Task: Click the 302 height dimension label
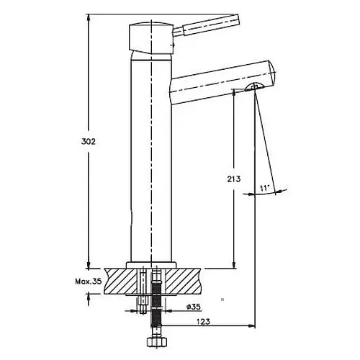89,142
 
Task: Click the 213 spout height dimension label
234,179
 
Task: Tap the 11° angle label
265,188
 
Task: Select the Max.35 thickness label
89,281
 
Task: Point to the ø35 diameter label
193,307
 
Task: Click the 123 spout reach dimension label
203,321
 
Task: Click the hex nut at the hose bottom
156,341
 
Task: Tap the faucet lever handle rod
207,27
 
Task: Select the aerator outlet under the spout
254,87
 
